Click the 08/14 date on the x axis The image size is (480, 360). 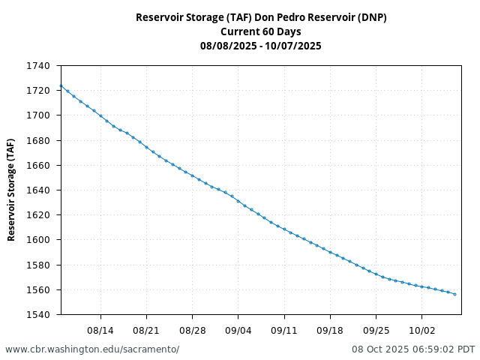pos(100,329)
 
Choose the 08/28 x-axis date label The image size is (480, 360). pos(192,329)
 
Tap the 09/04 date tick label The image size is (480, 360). pos(238,329)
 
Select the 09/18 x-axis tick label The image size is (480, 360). pos(330,329)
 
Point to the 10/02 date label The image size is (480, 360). pos(421,329)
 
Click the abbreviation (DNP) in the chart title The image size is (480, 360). pos(373,17)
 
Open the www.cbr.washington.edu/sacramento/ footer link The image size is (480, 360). pos(92,349)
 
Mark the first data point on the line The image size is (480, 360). pos(61,85)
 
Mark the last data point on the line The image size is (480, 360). pos(454,294)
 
